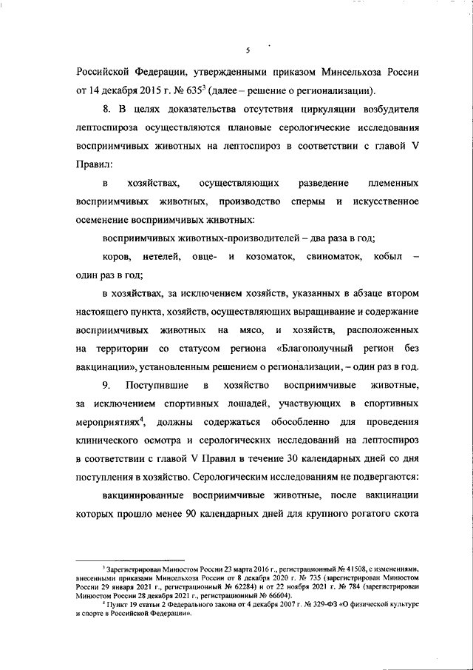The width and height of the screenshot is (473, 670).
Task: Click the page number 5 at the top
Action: (248, 50)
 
